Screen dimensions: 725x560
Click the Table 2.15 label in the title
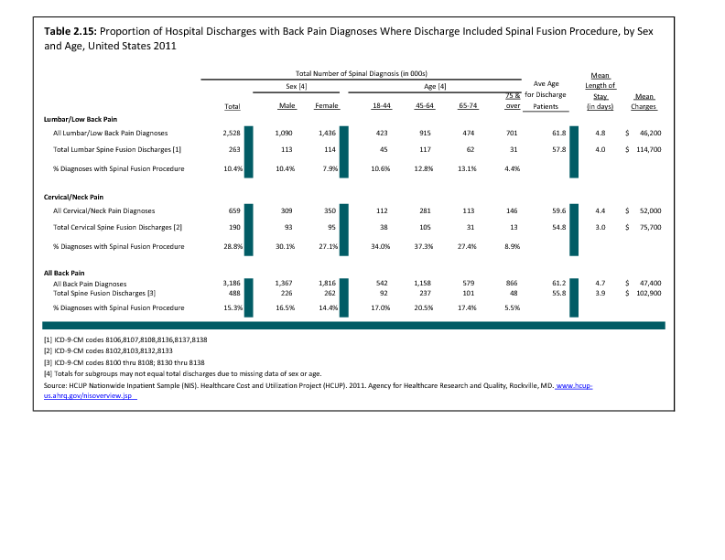(70, 31)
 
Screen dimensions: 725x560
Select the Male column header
(287, 106)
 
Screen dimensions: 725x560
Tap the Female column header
(327, 106)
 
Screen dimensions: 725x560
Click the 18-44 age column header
(382, 106)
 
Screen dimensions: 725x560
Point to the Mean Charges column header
(644, 102)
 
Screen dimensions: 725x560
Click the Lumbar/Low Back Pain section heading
(81, 119)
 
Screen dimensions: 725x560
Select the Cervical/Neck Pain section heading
(73, 198)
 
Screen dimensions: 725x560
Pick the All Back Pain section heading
(64, 273)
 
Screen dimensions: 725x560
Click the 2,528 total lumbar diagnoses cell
(232, 133)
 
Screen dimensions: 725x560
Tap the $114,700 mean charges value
(644, 150)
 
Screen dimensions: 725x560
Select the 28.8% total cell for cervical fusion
(233, 247)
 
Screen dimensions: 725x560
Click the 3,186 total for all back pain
(232, 284)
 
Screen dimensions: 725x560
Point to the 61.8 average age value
(559, 133)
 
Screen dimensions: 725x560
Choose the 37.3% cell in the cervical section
(424, 247)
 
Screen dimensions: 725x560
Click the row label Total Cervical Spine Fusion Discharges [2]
(117, 227)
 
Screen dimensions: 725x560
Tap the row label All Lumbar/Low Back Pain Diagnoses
(111, 133)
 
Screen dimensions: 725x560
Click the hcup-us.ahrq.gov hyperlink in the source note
(319, 391)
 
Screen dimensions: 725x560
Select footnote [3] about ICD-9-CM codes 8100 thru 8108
(124, 362)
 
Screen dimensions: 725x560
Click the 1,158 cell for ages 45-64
(423, 284)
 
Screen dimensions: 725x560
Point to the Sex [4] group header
(297, 86)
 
